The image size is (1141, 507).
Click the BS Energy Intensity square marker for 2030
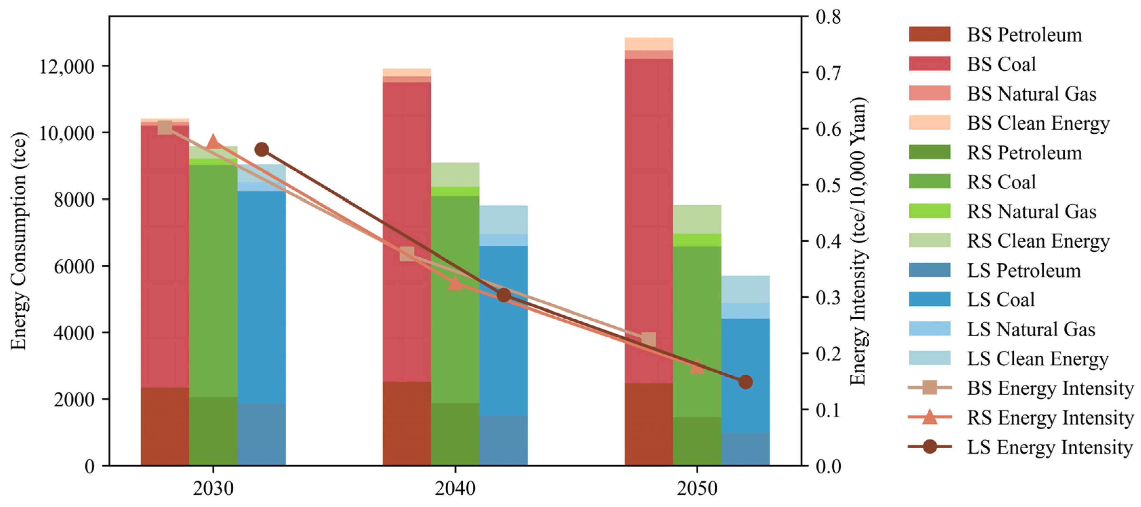165,128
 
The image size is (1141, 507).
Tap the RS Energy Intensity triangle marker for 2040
455,283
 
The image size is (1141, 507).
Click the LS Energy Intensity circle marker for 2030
262,149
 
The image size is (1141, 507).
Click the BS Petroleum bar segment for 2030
165,426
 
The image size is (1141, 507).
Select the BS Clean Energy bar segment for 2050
649,44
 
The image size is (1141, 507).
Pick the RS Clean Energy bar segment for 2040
455,174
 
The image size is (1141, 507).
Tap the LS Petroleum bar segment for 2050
746,449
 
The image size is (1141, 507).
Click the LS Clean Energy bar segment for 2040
503,219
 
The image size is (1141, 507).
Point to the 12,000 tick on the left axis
66,67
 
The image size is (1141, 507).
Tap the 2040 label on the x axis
455,488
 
